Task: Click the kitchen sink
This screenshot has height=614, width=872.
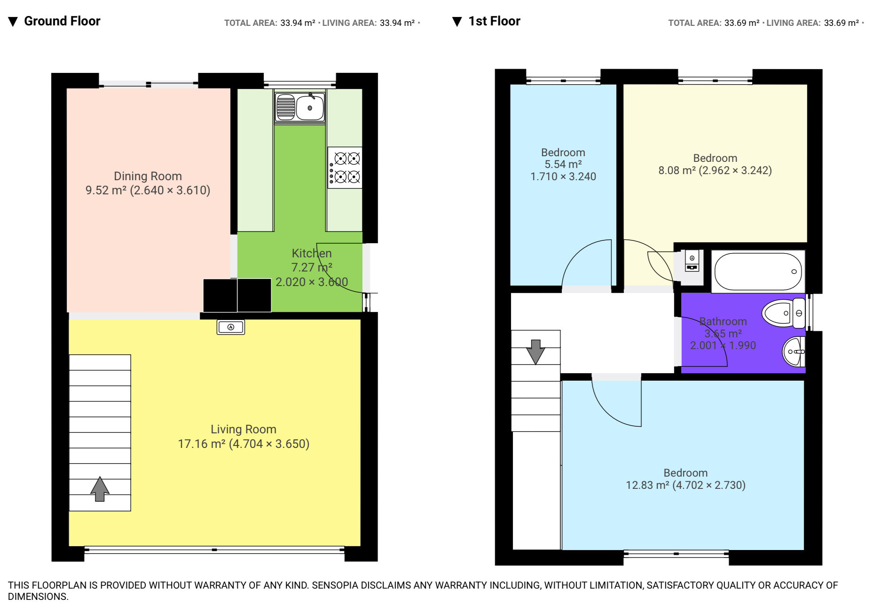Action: (300, 108)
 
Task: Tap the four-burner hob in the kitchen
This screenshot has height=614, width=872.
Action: (345, 168)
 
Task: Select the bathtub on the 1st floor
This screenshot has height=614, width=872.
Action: (758, 271)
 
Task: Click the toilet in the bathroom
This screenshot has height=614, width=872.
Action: (784, 313)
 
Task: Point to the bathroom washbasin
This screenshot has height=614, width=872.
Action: (793, 351)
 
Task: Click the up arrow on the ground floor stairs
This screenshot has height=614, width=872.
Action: (100, 489)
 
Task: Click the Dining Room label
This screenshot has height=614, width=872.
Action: (148, 176)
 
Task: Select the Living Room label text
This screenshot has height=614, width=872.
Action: (244, 429)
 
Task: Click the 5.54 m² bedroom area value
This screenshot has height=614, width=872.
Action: (563, 164)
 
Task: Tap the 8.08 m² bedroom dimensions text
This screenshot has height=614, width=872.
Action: (735, 170)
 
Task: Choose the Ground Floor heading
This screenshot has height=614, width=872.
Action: (62, 21)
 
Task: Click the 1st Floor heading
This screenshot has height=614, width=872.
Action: (495, 21)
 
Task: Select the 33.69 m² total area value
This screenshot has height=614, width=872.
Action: (742, 23)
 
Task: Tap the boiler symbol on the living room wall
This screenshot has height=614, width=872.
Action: (231, 327)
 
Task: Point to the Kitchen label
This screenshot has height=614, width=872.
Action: (312, 253)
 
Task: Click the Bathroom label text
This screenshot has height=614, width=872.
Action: (723, 321)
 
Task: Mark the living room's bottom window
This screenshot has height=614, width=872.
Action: (214, 550)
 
